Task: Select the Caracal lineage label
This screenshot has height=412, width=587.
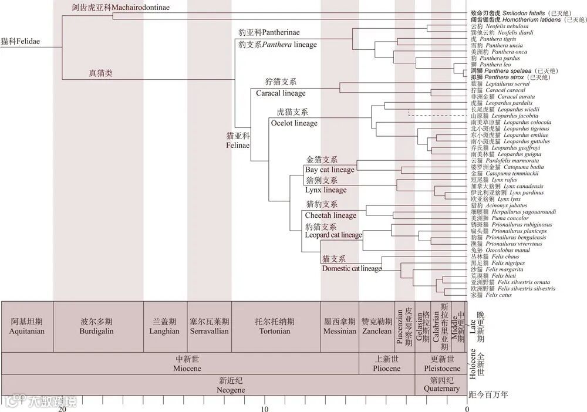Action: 281,93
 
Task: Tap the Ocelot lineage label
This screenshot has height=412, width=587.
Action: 294,123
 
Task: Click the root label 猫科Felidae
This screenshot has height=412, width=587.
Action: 23,41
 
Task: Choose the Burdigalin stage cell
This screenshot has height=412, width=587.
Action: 97,326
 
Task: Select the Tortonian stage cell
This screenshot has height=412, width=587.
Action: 275,326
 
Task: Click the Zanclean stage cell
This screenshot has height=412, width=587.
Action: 376,326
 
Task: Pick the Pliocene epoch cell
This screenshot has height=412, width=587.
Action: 386,363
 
